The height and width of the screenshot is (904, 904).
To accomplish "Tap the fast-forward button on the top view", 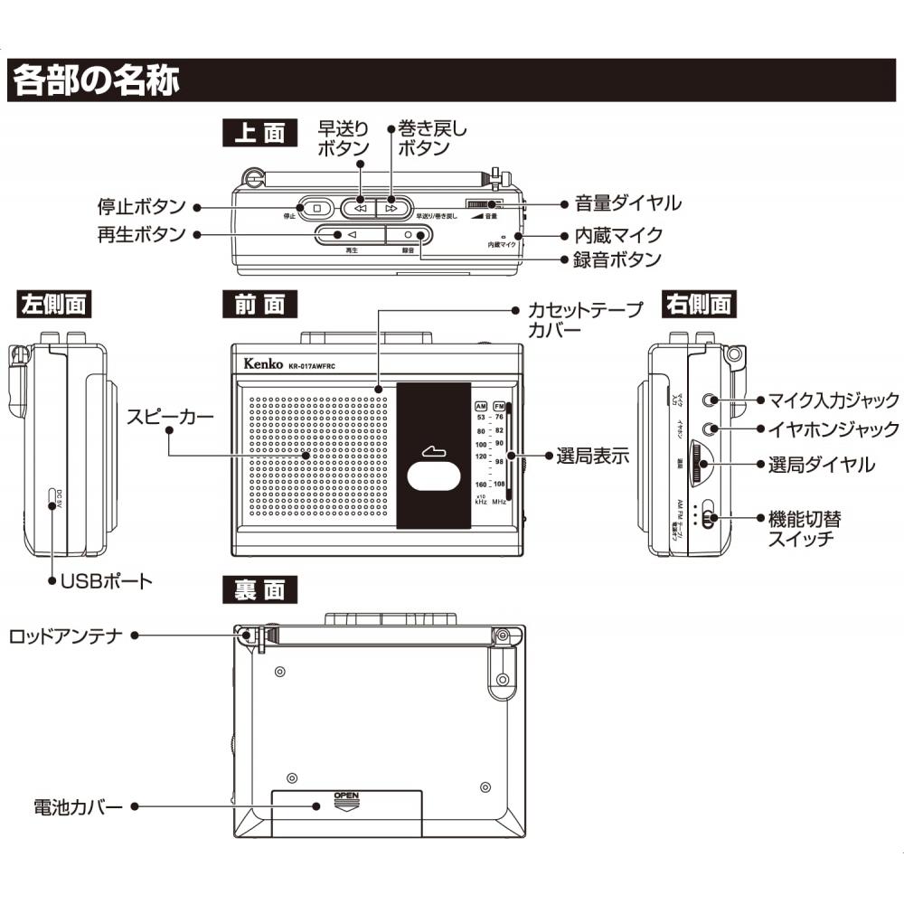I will tap(360, 207).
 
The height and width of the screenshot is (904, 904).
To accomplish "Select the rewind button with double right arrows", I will tap(391, 207).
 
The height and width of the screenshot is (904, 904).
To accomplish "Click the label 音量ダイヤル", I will tap(627, 203).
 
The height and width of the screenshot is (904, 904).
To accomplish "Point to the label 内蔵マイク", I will tap(618, 235).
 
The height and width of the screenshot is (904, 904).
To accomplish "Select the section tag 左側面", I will tap(54, 305).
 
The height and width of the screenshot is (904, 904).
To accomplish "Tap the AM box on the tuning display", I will tap(481, 405).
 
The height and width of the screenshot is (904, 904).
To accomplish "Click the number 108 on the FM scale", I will tap(499, 484).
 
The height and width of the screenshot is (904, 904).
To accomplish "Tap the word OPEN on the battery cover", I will tap(347, 796).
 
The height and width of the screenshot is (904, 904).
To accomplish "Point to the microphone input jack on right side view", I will tap(716, 399).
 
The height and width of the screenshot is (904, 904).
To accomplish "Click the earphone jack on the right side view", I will tap(716, 428).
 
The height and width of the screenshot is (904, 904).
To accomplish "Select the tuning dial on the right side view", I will tap(702, 465).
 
